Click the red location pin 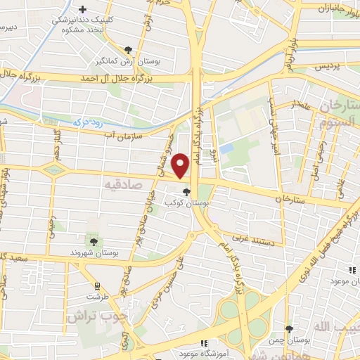tap(181, 166)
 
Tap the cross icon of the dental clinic tap(83, 10)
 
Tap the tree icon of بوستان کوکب tap(186, 191)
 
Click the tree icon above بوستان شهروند tap(89, 241)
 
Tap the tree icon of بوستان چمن tap(289, 329)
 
